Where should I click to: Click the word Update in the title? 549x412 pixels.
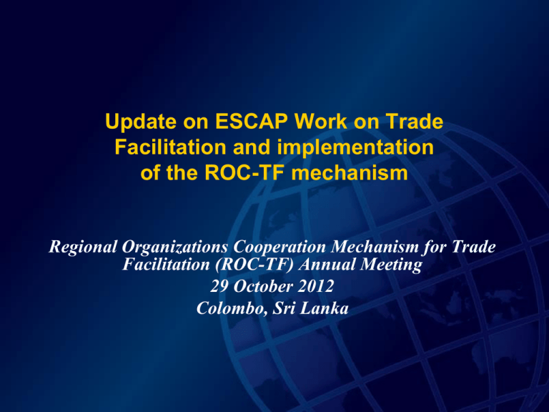click(141, 122)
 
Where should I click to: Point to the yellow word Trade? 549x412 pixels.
click(415, 121)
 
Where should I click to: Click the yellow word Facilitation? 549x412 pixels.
click(170, 147)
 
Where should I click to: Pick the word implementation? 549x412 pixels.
click(355, 148)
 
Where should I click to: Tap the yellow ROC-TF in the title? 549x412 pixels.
click(244, 172)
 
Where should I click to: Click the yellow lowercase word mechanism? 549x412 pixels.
click(350, 172)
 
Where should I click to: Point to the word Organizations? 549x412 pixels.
click(174, 247)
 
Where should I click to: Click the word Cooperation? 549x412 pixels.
click(280, 247)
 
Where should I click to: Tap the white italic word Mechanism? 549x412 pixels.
click(375, 247)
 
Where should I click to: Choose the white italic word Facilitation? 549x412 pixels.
click(166, 264)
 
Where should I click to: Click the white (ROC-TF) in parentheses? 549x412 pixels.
click(254, 265)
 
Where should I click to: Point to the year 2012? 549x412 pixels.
click(316, 286)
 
